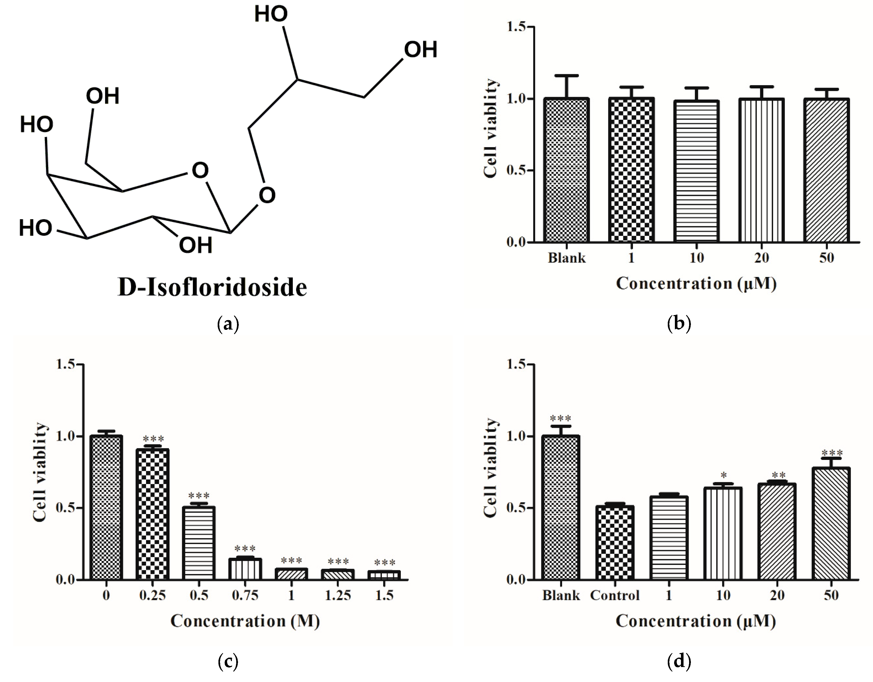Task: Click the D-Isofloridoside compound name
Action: [x=212, y=287]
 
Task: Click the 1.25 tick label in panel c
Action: [x=338, y=596]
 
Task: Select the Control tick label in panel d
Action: [x=615, y=596]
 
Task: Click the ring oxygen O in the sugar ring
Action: [x=200, y=171]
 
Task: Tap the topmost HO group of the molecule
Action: [x=271, y=14]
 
